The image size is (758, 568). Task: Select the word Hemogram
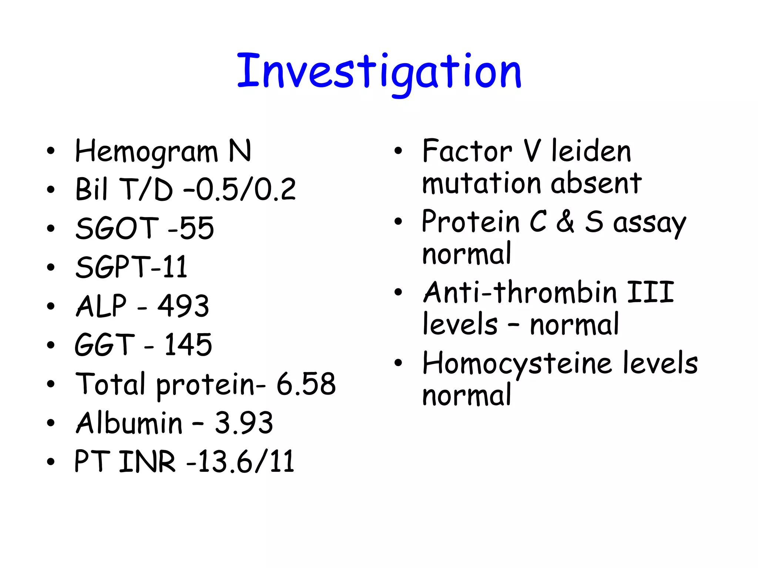point(147,152)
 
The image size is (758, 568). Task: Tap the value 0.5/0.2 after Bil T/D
point(246,189)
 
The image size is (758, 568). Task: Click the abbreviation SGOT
point(117,228)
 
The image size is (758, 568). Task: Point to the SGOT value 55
point(197,228)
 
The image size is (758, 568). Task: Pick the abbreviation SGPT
point(113,267)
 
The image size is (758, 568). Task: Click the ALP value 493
point(184,306)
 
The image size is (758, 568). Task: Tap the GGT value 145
point(188,345)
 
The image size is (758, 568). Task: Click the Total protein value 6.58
point(306,384)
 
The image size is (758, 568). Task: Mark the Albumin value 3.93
point(244,423)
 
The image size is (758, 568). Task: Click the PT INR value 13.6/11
point(246,461)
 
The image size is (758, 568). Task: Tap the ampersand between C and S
point(565,222)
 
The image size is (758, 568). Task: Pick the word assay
point(650,223)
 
